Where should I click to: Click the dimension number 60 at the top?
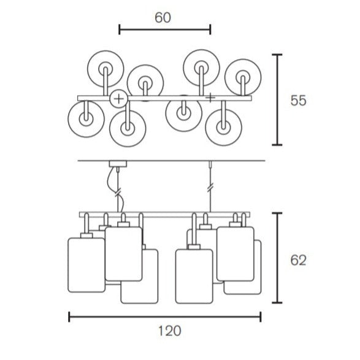(x=163, y=18)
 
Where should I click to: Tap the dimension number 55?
(x=298, y=101)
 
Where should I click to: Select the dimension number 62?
(x=298, y=261)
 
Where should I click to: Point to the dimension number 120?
(x=170, y=331)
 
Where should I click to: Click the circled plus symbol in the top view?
(x=119, y=99)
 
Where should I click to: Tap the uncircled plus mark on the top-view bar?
(x=210, y=98)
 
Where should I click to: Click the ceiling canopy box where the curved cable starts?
(x=118, y=164)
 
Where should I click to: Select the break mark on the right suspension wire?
(x=210, y=188)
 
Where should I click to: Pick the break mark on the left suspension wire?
(x=118, y=192)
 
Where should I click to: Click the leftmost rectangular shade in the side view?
(x=86, y=265)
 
